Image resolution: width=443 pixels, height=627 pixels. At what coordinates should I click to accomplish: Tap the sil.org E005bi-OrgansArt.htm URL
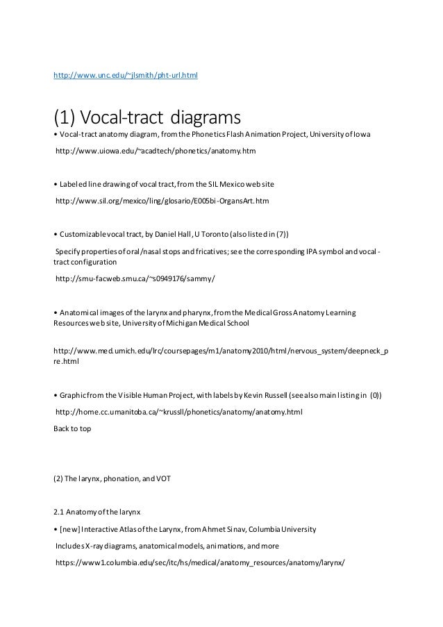[x=162, y=200]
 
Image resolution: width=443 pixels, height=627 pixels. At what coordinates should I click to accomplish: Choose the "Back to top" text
[x=72, y=428]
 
